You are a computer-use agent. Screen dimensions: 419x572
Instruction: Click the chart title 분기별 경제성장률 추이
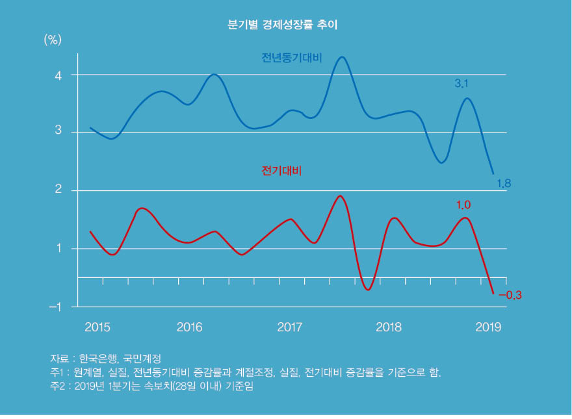pyautogui.click(x=282, y=25)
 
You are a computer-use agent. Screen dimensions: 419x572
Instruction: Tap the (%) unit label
pyautogui.click(x=52, y=40)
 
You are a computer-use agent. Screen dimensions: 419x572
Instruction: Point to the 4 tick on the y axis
pyautogui.click(x=58, y=75)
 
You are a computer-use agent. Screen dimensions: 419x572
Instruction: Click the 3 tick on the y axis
pyautogui.click(x=58, y=133)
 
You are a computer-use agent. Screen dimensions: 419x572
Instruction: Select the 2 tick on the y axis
pyautogui.click(x=58, y=190)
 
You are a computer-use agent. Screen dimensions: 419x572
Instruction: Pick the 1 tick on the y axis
pyautogui.click(x=58, y=248)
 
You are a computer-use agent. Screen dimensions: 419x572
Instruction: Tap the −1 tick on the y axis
pyautogui.click(x=55, y=307)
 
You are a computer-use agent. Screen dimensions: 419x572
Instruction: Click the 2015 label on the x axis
pyautogui.click(x=97, y=327)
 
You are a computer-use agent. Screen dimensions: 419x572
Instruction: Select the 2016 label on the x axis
pyautogui.click(x=190, y=327)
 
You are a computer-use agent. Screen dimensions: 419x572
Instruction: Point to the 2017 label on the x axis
pyautogui.click(x=290, y=327)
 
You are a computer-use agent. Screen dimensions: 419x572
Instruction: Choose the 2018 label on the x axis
pyautogui.click(x=389, y=327)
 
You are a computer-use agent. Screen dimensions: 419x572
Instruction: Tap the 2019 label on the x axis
pyautogui.click(x=488, y=327)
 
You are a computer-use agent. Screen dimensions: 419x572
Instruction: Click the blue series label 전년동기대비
pyautogui.click(x=292, y=58)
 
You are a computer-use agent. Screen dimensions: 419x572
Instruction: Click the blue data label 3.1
pyautogui.click(x=461, y=84)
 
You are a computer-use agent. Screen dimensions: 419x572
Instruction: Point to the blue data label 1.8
pyautogui.click(x=504, y=184)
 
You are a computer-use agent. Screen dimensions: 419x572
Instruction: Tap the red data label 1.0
pyautogui.click(x=463, y=205)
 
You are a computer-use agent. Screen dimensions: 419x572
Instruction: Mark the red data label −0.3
pyautogui.click(x=510, y=295)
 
